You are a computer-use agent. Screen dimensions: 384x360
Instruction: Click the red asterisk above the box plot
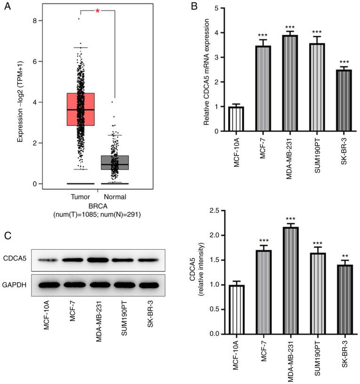[97, 10]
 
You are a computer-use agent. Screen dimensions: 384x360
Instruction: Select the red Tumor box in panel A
[81, 109]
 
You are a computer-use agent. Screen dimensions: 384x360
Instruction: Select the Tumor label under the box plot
[81, 196]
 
